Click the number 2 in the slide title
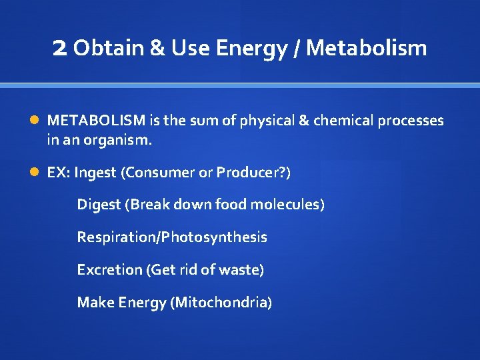(59, 48)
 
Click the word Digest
(99, 205)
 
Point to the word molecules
(287, 205)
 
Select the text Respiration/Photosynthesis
(172, 237)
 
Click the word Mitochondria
(221, 303)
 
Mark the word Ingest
(96, 173)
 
